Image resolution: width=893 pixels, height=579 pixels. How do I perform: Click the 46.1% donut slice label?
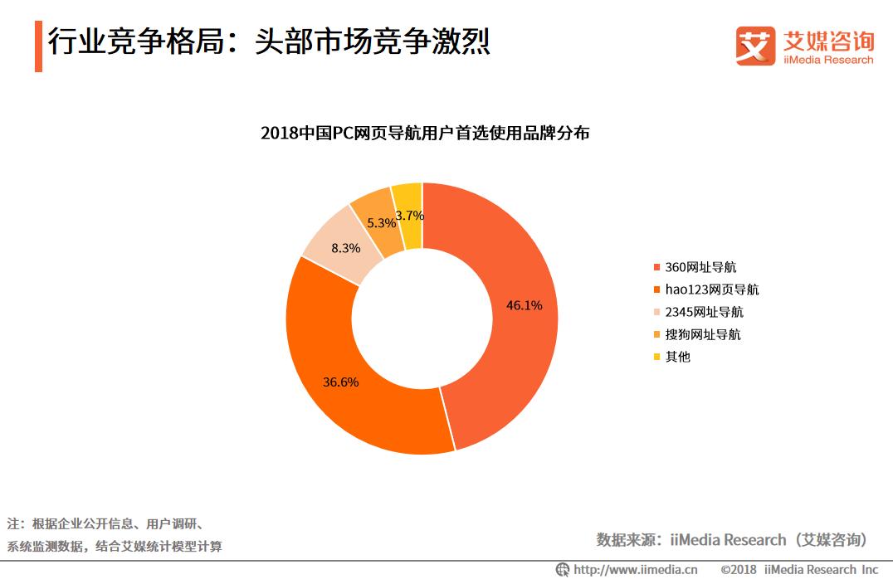pyautogui.click(x=524, y=305)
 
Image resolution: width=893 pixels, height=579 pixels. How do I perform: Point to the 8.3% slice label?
pyautogui.click(x=345, y=248)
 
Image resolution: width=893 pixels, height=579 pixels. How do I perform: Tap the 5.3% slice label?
pyautogui.click(x=381, y=223)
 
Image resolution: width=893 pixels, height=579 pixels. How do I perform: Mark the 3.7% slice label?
pyautogui.click(x=409, y=216)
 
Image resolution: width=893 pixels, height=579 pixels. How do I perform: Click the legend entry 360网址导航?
pyautogui.click(x=700, y=267)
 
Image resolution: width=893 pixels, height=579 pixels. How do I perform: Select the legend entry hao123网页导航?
pyautogui.click(x=711, y=289)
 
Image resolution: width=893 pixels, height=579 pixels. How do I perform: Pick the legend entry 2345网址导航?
pyautogui.click(x=704, y=312)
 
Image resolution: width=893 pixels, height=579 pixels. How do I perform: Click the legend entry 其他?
pyautogui.click(x=677, y=357)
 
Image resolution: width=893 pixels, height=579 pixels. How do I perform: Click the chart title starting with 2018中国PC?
pyautogui.click(x=425, y=133)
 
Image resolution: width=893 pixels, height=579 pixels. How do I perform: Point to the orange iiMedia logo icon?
pyautogui.click(x=754, y=44)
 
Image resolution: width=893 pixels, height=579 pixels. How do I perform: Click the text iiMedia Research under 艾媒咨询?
pyautogui.click(x=828, y=60)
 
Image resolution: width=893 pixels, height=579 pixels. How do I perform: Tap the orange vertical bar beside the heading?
pyautogui.click(x=38, y=47)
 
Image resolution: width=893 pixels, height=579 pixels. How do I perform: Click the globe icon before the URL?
pyautogui.click(x=564, y=570)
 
